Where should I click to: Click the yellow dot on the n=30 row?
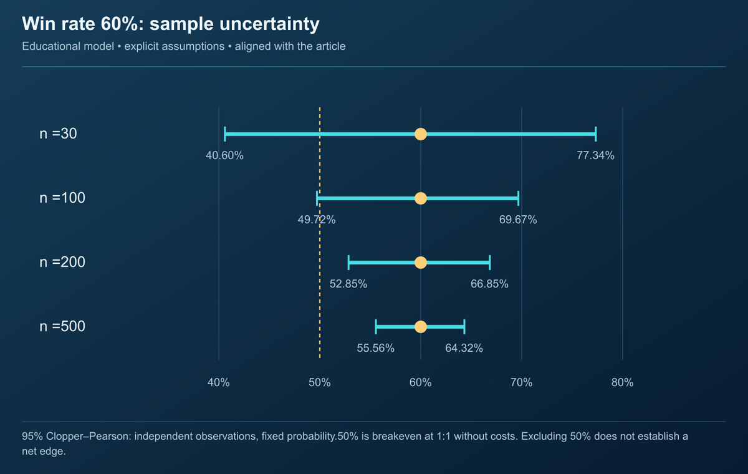[x=420, y=134]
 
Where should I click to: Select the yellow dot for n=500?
[x=420, y=327]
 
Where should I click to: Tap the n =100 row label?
[x=62, y=198]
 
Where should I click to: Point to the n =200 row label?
[x=62, y=262]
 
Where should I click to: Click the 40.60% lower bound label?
[x=224, y=155]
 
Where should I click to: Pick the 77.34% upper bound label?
[x=595, y=155]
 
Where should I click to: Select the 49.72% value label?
[x=317, y=220]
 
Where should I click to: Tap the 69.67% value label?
[x=518, y=220]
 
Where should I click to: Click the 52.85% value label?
[x=348, y=284]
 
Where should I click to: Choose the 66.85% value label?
[x=489, y=284]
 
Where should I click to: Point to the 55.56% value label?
[x=376, y=348]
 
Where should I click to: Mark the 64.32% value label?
[x=464, y=348]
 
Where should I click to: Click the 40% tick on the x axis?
[x=218, y=382]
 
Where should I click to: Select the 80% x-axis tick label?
[x=622, y=382]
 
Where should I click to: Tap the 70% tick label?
[x=521, y=382]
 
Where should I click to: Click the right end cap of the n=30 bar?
[x=596, y=134]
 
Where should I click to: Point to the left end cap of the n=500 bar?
[x=376, y=327]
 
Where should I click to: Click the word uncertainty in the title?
[x=269, y=24]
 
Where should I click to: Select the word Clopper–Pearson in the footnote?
[x=88, y=436]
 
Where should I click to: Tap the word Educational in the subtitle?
[x=68, y=46]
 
